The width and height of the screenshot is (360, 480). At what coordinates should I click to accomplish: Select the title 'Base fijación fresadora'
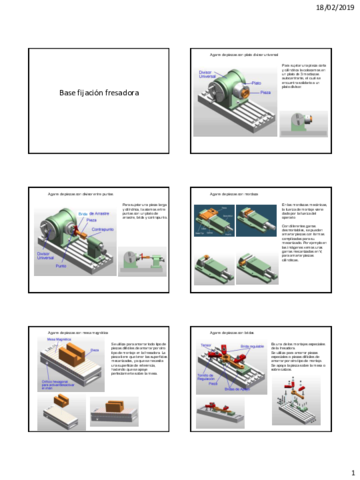[96, 93]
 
